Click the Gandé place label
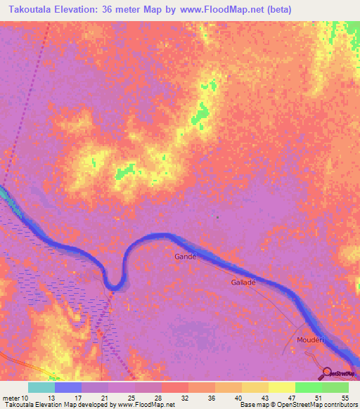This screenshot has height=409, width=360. click(185, 257)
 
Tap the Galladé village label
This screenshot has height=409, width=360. click(243, 282)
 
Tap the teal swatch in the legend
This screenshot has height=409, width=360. click(41, 387)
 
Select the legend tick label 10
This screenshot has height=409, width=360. click(25, 398)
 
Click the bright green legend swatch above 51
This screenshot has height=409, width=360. click(309, 387)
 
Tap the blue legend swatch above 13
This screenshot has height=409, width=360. click(68, 387)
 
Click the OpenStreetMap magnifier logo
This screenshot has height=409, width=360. click(327, 372)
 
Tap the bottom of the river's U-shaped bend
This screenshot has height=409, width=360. click(113, 284)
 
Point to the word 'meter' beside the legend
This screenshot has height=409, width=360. click(10, 398)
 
